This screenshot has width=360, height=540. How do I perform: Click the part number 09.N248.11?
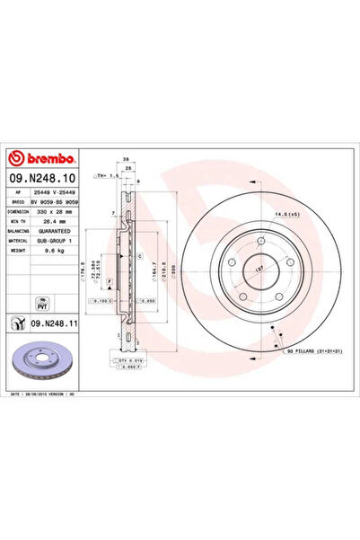[x=48, y=320]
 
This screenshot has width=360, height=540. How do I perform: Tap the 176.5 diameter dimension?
[x=83, y=270]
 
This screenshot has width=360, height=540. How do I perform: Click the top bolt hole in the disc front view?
[x=259, y=242]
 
